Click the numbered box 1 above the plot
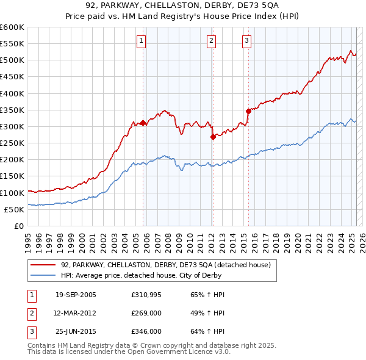[141, 41]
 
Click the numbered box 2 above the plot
[211, 41]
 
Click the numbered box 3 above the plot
[247, 41]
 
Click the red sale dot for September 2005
[143, 123]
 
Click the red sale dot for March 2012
[213, 137]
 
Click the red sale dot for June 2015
[248, 111]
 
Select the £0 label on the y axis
[18, 226]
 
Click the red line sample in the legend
[43, 265]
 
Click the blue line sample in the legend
[43, 276]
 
